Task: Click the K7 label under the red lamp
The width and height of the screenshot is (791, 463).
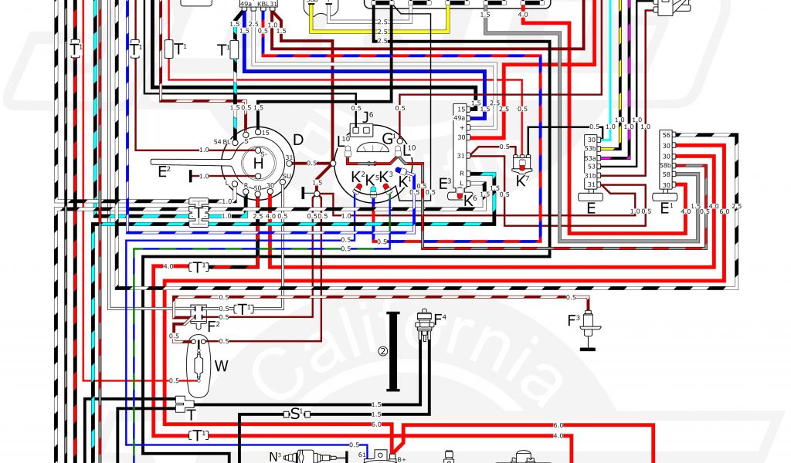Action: coord(522,181)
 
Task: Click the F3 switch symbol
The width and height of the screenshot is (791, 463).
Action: coord(590,324)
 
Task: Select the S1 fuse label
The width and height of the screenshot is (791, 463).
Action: coord(296,414)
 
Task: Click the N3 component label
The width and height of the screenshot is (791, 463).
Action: coord(275,457)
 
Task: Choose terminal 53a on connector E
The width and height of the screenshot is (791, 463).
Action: coord(591,157)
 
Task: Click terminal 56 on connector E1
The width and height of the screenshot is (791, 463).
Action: coord(666,135)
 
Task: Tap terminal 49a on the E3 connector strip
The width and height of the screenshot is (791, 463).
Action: coord(460,118)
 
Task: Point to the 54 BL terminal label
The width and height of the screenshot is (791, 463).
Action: coord(222,142)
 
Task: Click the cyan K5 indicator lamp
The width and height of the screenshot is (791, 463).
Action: coord(373,189)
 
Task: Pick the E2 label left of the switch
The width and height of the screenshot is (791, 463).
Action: coord(163,171)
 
